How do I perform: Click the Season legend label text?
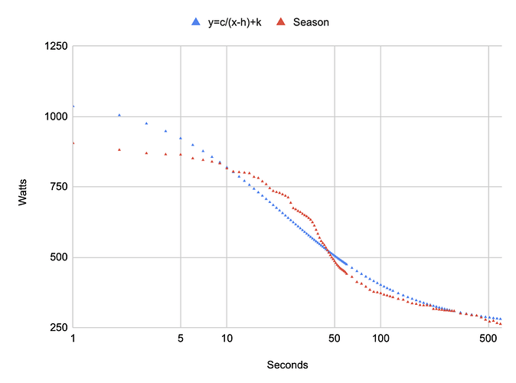click(314, 22)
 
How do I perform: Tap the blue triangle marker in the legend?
click(194, 22)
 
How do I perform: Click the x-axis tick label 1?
click(73, 339)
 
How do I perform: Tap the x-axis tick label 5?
click(181, 339)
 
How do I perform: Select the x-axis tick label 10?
click(227, 339)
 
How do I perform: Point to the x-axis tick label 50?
click(335, 339)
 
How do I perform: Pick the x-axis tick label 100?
click(380, 339)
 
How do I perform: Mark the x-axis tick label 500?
click(488, 339)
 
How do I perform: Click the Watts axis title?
click(24, 187)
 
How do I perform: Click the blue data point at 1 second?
click(73, 106)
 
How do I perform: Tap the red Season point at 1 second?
click(73, 143)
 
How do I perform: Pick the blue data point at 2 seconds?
click(119, 115)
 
